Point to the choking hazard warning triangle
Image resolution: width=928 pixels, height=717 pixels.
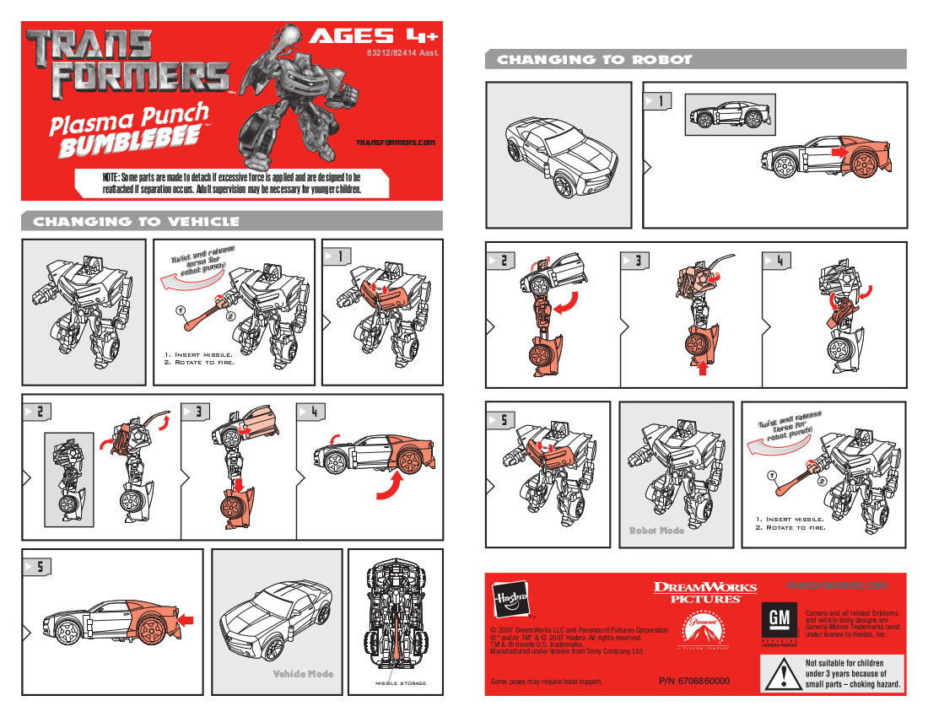pyautogui.click(x=782, y=675)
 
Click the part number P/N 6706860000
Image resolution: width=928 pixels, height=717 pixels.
pyautogui.click(x=693, y=681)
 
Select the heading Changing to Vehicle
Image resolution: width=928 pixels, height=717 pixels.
pyautogui.click(x=136, y=222)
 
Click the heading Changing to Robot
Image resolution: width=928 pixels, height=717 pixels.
pyautogui.click(x=594, y=60)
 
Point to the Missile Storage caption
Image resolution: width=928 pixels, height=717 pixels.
pyautogui.click(x=401, y=682)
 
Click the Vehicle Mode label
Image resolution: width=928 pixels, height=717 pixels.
pyautogui.click(x=303, y=673)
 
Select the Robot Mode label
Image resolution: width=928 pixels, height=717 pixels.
pyautogui.click(x=657, y=531)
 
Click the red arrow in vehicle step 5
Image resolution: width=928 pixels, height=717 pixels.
pyautogui.click(x=186, y=620)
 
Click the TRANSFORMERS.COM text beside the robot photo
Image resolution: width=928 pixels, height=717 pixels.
pyautogui.click(x=395, y=143)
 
